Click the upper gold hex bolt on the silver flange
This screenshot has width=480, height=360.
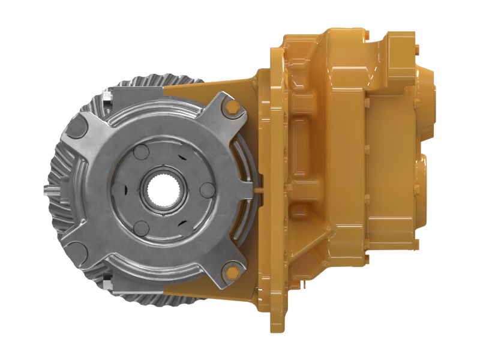[x=233, y=108]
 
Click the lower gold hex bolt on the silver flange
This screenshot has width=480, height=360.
[x=232, y=274]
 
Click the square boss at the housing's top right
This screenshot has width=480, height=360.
[x=399, y=45]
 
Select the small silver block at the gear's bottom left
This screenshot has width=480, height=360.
[x=108, y=282]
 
